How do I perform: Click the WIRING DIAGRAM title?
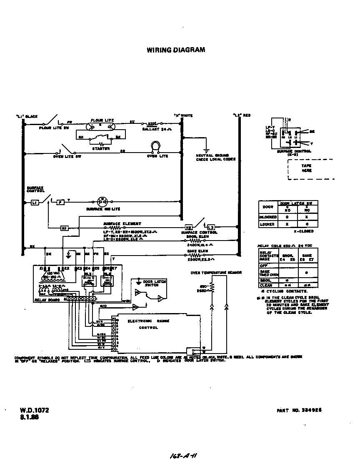[x=175, y=50]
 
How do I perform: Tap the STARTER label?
[x=100, y=148]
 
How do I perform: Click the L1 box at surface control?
[x=35, y=202]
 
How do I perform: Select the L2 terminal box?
[x=211, y=227]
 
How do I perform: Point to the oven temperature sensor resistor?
[x=212, y=288]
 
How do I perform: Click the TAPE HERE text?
[x=306, y=168]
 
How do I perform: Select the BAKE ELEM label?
[x=197, y=251]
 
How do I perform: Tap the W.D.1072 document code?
[x=34, y=410]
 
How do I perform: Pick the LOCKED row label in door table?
[x=267, y=224]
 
